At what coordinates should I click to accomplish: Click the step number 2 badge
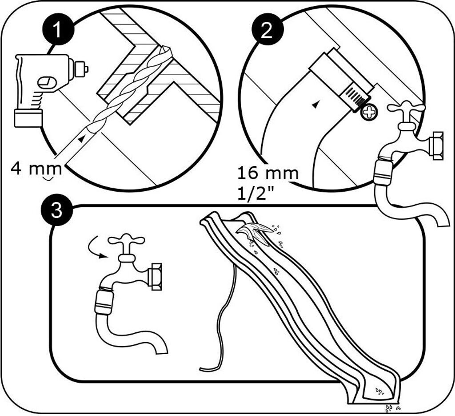point(267,29)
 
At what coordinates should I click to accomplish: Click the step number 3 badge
point(57,210)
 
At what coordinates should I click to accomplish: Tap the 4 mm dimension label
point(36,169)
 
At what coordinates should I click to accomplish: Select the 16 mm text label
point(268,173)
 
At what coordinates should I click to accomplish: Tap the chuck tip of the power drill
point(80,69)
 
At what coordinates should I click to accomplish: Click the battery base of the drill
point(28,118)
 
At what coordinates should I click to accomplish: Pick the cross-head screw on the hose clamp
point(369,112)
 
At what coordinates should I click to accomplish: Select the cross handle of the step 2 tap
point(406,108)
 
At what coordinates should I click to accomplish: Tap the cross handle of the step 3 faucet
point(126,240)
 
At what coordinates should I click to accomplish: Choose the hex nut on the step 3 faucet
point(155,277)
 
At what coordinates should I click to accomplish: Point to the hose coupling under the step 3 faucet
point(104,303)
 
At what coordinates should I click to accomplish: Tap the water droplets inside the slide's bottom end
point(380,392)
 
